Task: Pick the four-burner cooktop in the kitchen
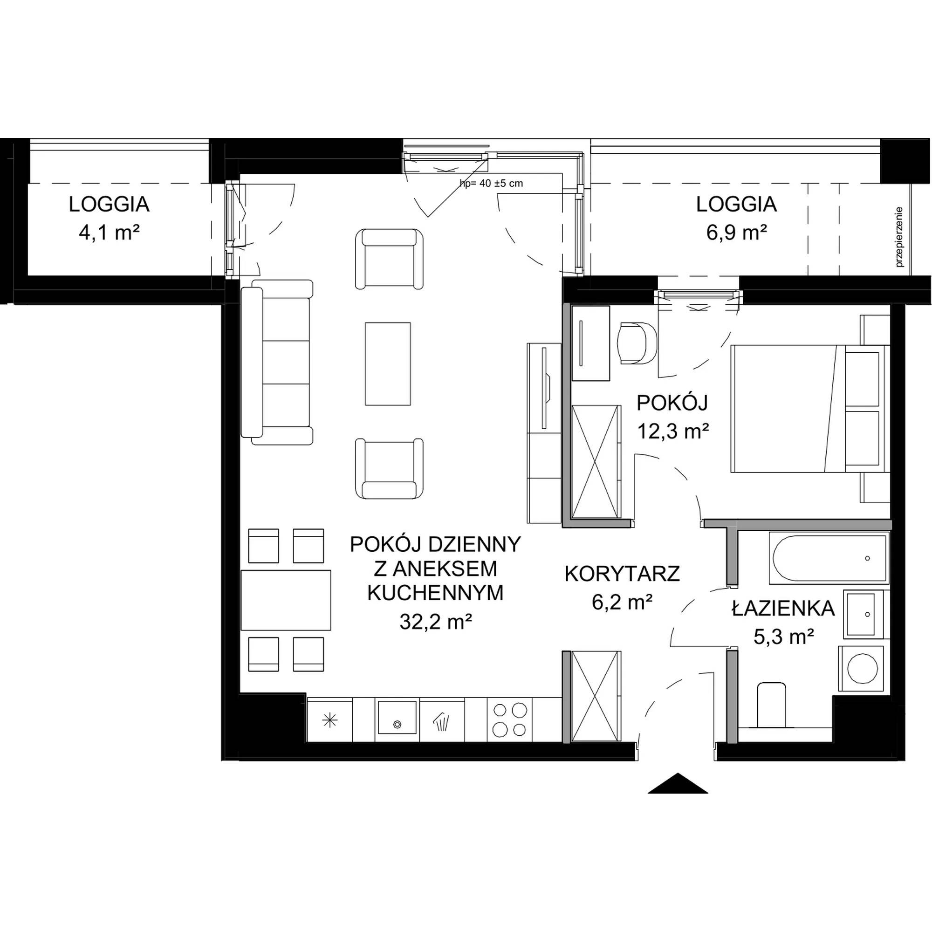pos(509,720)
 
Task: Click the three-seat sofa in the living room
pos(277,362)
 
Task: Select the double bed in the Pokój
pos(810,408)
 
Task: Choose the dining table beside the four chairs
pos(286,600)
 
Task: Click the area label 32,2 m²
pos(435,622)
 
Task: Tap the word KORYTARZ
pos(622,574)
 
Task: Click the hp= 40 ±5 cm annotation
pos(491,183)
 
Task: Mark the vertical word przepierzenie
pos(898,237)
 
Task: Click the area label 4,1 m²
pos(109,233)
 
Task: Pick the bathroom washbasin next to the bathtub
pos(862,614)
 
